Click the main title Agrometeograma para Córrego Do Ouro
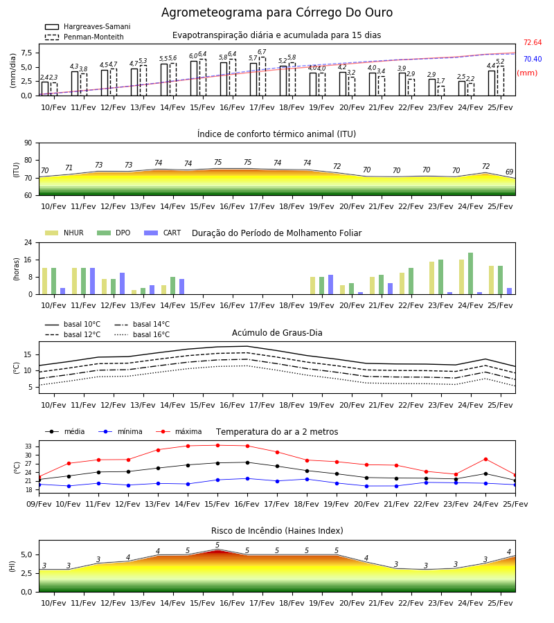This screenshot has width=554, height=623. click(x=277, y=12)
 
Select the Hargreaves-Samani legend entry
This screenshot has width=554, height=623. click(x=87, y=26)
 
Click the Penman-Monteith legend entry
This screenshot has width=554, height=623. click(x=84, y=37)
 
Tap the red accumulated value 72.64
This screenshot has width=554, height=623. click(x=533, y=42)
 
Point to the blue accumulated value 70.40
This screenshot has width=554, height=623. click(x=533, y=59)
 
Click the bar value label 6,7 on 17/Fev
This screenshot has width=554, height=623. click(x=262, y=52)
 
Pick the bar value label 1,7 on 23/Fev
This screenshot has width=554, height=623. click(x=440, y=81)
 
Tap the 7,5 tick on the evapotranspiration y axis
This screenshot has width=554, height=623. click(x=26, y=53)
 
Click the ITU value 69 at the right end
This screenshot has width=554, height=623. click(x=509, y=172)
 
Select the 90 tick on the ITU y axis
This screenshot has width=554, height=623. click(x=28, y=143)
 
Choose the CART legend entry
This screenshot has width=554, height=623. click(x=163, y=233)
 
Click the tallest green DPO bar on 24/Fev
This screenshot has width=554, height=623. click(x=470, y=273)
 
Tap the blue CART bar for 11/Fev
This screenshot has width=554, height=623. click(x=92, y=281)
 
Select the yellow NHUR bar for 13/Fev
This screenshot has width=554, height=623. click(x=134, y=292)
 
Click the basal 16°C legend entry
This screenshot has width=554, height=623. click(x=142, y=334)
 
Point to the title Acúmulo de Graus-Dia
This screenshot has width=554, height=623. click(x=277, y=332)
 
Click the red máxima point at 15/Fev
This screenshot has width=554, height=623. click(x=217, y=445)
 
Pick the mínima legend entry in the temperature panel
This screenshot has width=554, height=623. click(x=120, y=431)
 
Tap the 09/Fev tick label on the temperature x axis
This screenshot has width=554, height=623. click(x=39, y=504)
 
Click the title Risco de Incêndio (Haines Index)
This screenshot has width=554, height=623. click(x=277, y=531)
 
